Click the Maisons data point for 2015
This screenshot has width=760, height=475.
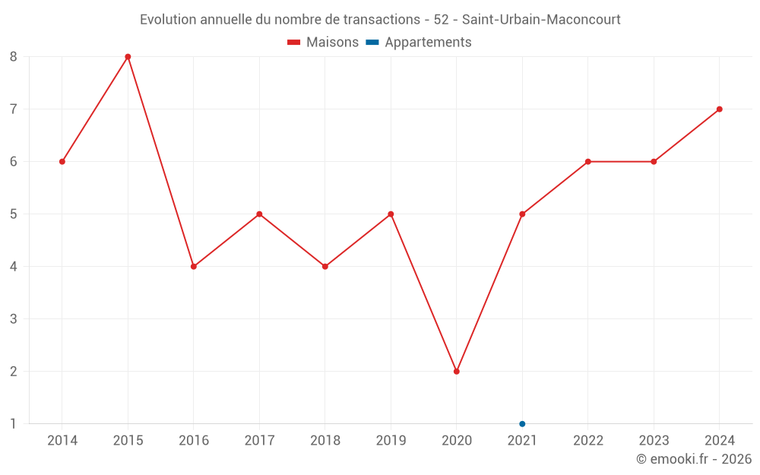(x=128, y=57)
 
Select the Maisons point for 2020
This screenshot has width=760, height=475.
(x=457, y=372)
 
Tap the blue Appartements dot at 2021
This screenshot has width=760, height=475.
(x=522, y=424)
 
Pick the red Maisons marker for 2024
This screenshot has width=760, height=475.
(x=720, y=109)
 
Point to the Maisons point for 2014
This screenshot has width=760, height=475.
(x=62, y=162)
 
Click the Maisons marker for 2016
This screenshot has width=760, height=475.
(x=194, y=267)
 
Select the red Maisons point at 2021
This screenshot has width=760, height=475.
(x=522, y=214)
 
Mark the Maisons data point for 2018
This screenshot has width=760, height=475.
(x=325, y=267)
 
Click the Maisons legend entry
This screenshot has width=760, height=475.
(x=323, y=43)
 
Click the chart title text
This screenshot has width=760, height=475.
(x=380, y=19)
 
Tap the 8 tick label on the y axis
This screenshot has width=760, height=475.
(x=14, y=57)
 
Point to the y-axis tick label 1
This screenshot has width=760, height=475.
(x=14, y=424)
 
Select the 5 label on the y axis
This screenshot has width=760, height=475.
(x=14, y=214)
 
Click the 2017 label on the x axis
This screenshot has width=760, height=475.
(x=259, y=440)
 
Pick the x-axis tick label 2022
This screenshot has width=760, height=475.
(x=588, y=440)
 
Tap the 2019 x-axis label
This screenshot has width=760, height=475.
(x=391, y=440)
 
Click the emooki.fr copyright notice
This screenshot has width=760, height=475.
(x=693, y=459)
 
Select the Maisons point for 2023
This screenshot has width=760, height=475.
(x=654, y=162)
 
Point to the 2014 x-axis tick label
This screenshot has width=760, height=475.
(x=62, y=440)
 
